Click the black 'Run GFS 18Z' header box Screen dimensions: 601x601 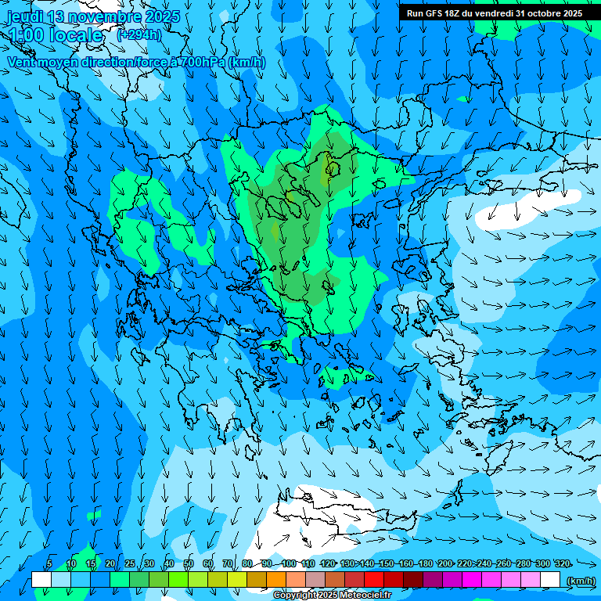pyautogui.click(x=494, y=13)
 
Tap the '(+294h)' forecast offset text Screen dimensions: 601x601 pyautogui.click(x=139, y=34)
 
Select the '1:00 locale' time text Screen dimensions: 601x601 pyautogui.click(x=55, y=35)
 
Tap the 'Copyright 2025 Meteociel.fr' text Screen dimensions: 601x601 pyautogui.click(x=333, y=596)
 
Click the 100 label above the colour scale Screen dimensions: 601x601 pyautogui.click(x=289, y=563)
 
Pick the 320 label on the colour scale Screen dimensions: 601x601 pyautogui.click(x=562, y=563)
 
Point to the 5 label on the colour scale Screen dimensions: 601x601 pyautogui.click(x=49, y=563)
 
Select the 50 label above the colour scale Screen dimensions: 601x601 pyautogui.click(x=189, y=563)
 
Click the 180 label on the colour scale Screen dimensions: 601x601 pyautogui.click(x=425, y=563)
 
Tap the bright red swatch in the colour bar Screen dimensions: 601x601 pyautogui.click(x=374, y=580)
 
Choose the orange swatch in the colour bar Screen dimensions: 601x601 pyautogui.click(x=276, y=580)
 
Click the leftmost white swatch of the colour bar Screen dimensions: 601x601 pyautogui.click(x=41, y=580)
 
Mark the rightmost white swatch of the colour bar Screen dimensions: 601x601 pyautogui.click(x=550, y=580)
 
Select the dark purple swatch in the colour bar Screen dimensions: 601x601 pyautogui.click(x=433, y=580)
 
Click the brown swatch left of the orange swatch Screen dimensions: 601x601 pyautogui.click(x=257, y=580)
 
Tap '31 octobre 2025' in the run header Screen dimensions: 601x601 pyautogui.click(x=549, y=13)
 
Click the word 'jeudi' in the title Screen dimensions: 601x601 pyautogui.click(x=25, y=16)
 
